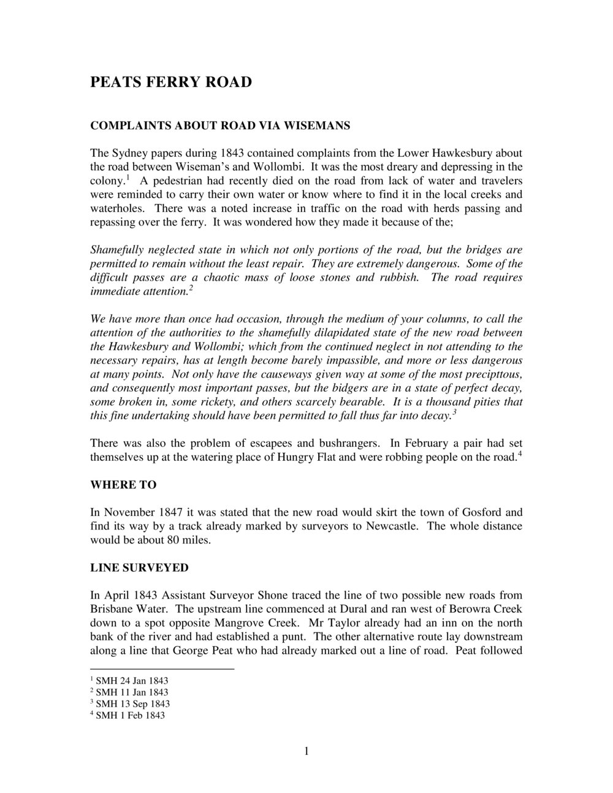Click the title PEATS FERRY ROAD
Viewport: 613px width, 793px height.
(x=171, y=82)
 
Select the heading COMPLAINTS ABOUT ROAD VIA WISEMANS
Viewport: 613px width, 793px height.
(x=220, y=126)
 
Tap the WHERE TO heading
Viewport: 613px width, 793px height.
(x=123, y=485)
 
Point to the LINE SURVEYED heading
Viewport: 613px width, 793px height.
(x=139, y=567)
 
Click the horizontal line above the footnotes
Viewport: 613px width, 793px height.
(x=162, y=669)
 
